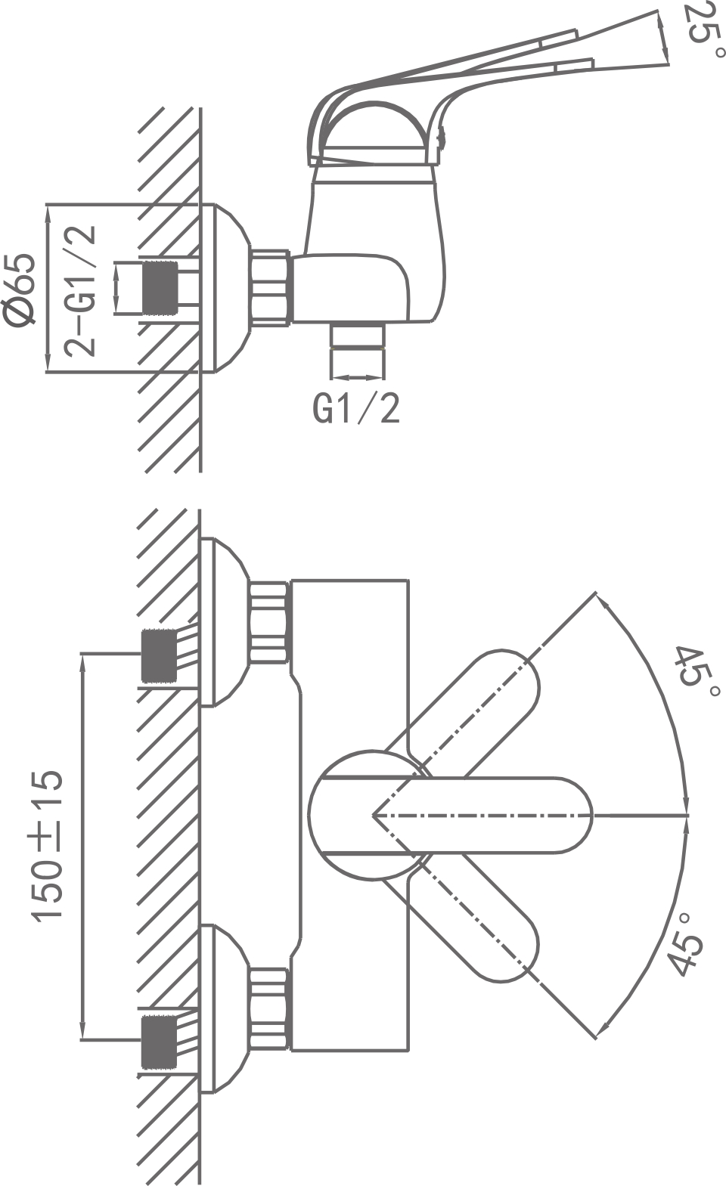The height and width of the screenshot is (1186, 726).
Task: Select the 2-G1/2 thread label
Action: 81,291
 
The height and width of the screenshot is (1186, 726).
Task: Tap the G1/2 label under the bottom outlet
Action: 356,409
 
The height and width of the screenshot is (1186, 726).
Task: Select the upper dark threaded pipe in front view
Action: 160,655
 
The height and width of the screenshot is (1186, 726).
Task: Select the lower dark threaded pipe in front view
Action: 160,1042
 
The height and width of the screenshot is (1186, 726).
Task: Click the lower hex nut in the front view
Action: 269,1008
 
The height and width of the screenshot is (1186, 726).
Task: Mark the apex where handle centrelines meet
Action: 374,815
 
